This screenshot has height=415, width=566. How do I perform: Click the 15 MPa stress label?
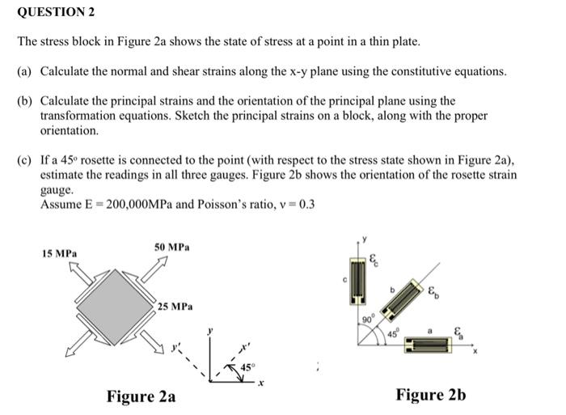click(x=60, y=253)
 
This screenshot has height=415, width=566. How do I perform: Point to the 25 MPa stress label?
click(x=175, y=307)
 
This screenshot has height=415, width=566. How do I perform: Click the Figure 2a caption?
click(x=141, y=396)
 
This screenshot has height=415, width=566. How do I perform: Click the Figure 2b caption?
click(x=431, y=395)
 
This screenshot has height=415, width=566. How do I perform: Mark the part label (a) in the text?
click(x=23, y=71)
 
